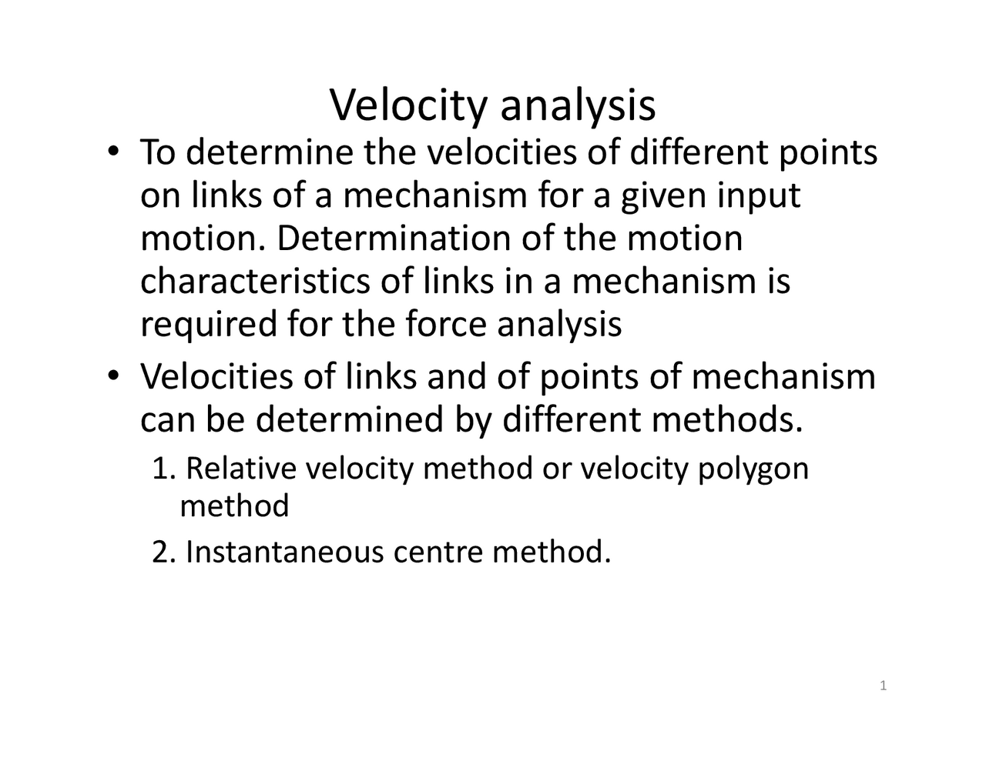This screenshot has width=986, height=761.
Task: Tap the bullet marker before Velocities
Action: pyautogui.click(x=113, y=376)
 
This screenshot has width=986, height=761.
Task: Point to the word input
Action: pyautogui.click(x=759, y=196)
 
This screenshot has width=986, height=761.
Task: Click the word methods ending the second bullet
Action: pyautogui.click(x=726, y=420)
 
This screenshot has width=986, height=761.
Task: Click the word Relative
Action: pyautogui.click(x=242, y=468)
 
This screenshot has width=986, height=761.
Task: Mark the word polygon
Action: pyautogui.click(x=753, y=469)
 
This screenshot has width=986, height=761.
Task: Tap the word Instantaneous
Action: pyautogui.click(x=284, y=552)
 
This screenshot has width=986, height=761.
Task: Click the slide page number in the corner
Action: pyautogui.click(x=884, y=686)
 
